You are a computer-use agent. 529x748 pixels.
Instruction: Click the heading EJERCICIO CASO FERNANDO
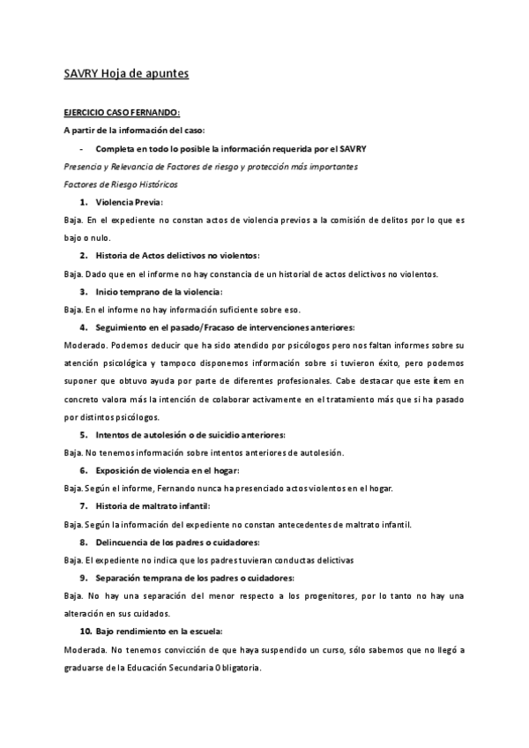tap(122, 112)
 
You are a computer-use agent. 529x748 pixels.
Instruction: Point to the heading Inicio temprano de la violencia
tap(159, 291)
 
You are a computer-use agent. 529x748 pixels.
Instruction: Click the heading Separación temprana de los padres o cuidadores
tap(195, 578)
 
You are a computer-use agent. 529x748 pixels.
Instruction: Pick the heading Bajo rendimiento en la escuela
tap(160, 632)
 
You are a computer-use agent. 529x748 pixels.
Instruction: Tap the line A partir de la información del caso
tap(122, 130)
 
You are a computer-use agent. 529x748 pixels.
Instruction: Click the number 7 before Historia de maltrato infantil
tap(83, 506)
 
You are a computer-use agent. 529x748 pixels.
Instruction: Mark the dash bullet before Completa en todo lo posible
tap(81, 148)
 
